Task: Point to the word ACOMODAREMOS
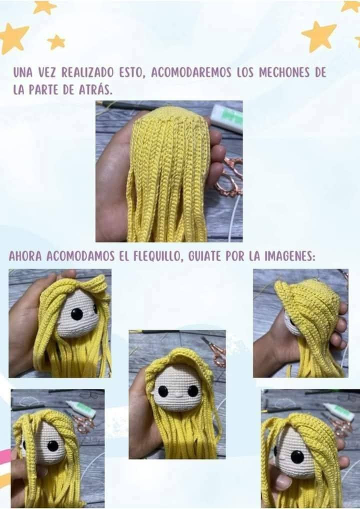pyautogui.click(x=191, y=72)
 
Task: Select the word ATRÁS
pyautogui.click(x=97, y=90)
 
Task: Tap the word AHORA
pyautogui.click(x=25, y=256)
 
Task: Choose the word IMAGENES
pyautogui.click(x=289, y=256)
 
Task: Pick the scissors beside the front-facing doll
pyautogui.click(x=215, y=350)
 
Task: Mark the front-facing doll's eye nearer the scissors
pyautogui.click(x=192, y=390)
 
